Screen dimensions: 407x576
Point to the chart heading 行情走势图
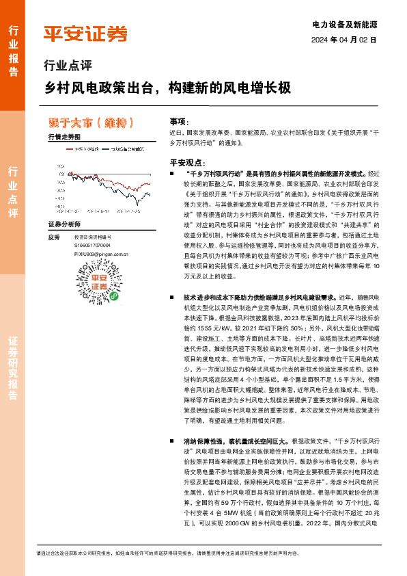click(x=64, y=137)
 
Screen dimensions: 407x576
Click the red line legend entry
click(x=85, y=148)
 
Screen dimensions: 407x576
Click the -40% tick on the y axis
click(x=61, y=205)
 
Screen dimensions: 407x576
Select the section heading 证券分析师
click(x=64, y=224)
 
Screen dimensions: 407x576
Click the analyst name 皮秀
click(x=55, y=237)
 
